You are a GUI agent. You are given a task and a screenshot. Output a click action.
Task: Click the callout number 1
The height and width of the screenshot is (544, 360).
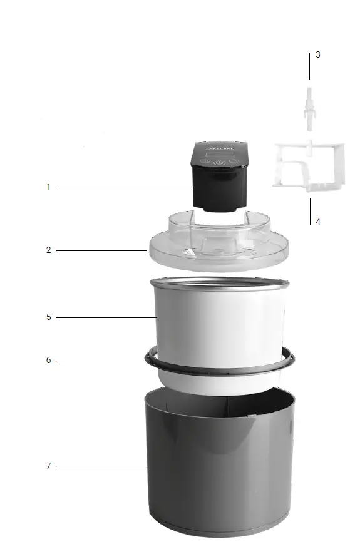pos(48,187)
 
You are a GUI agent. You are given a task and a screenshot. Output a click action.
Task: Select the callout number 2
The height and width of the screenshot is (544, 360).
pos(48,250)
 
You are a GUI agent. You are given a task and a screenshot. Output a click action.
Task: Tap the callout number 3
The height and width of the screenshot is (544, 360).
pos(317,54)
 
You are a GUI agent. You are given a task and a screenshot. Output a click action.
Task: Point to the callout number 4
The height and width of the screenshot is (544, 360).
pos(317,222)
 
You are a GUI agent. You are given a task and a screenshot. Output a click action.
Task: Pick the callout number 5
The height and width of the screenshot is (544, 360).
pos(48,317)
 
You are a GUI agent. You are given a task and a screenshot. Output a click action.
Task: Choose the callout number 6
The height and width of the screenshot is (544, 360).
pos(48,360)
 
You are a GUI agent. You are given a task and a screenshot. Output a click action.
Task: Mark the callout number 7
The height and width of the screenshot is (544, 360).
pos(48,466)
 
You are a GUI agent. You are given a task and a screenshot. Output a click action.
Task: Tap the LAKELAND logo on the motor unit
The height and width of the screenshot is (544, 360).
pos(219,150)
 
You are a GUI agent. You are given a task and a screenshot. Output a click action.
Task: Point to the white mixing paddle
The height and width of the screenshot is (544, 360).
pos(308,166)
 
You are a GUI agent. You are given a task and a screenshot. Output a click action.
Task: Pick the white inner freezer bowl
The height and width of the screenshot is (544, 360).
pos(219,326)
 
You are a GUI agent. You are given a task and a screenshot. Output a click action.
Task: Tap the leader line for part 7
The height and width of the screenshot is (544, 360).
pos(100,466)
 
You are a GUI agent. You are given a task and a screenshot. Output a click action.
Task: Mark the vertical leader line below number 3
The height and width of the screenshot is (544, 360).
pos(309,66)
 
